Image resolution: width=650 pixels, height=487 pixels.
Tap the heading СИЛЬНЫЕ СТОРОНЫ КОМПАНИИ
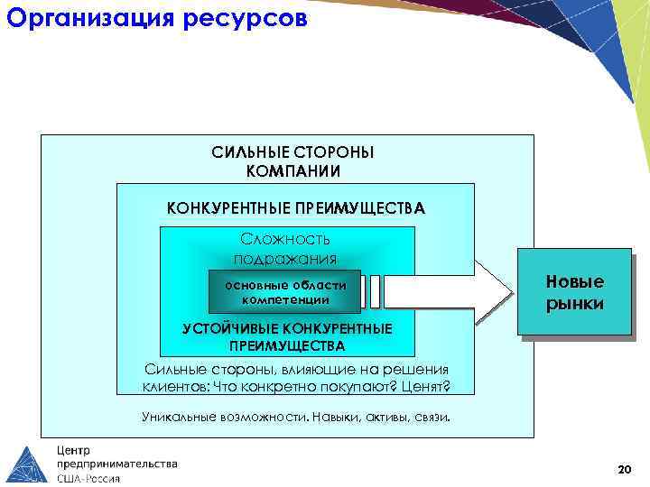point(292,161)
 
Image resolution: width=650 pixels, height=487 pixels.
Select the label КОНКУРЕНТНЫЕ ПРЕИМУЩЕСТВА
point(295,208)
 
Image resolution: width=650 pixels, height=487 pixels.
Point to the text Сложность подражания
point(285,249)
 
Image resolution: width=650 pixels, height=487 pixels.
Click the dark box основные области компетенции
point(284,291)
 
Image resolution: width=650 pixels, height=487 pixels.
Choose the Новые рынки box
point(574,293)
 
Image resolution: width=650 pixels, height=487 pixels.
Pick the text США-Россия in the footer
point(88,478)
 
